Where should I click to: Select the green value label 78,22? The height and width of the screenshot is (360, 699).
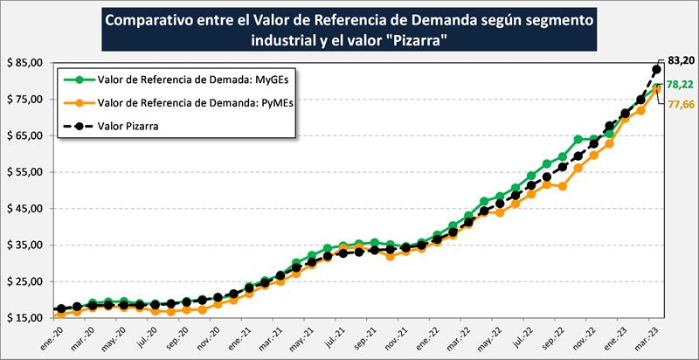coord(680,86)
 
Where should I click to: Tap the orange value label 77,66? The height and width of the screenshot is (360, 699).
coord(680,104)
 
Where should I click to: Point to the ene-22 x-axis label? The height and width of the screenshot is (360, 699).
coord(427,337)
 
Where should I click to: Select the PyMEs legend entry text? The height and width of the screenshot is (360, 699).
coord(184,102)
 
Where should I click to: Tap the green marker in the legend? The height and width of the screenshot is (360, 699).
coord(80,80)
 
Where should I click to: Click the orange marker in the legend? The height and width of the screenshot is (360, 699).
coord(80,102)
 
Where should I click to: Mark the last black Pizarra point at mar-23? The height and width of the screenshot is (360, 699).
coord(656,71)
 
